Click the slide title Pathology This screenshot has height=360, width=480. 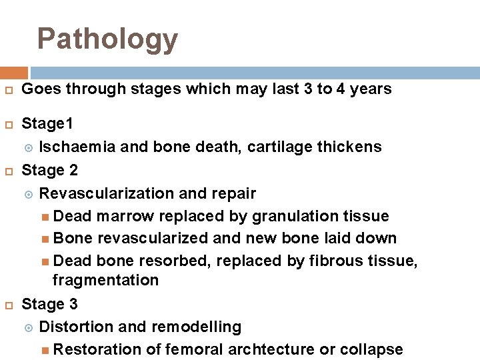tap(107, 39)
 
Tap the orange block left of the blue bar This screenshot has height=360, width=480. tap(14, 72)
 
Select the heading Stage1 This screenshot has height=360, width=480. tap(48, 124)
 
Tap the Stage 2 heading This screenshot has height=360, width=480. tap(50, 170)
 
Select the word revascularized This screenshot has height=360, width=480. tap(154, 238)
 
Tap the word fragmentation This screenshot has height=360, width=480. tap(105, 280)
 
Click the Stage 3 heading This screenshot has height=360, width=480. tap(50, 304)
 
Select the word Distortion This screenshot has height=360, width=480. tap(75, 327)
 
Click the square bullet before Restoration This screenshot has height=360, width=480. tap(45, 350)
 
